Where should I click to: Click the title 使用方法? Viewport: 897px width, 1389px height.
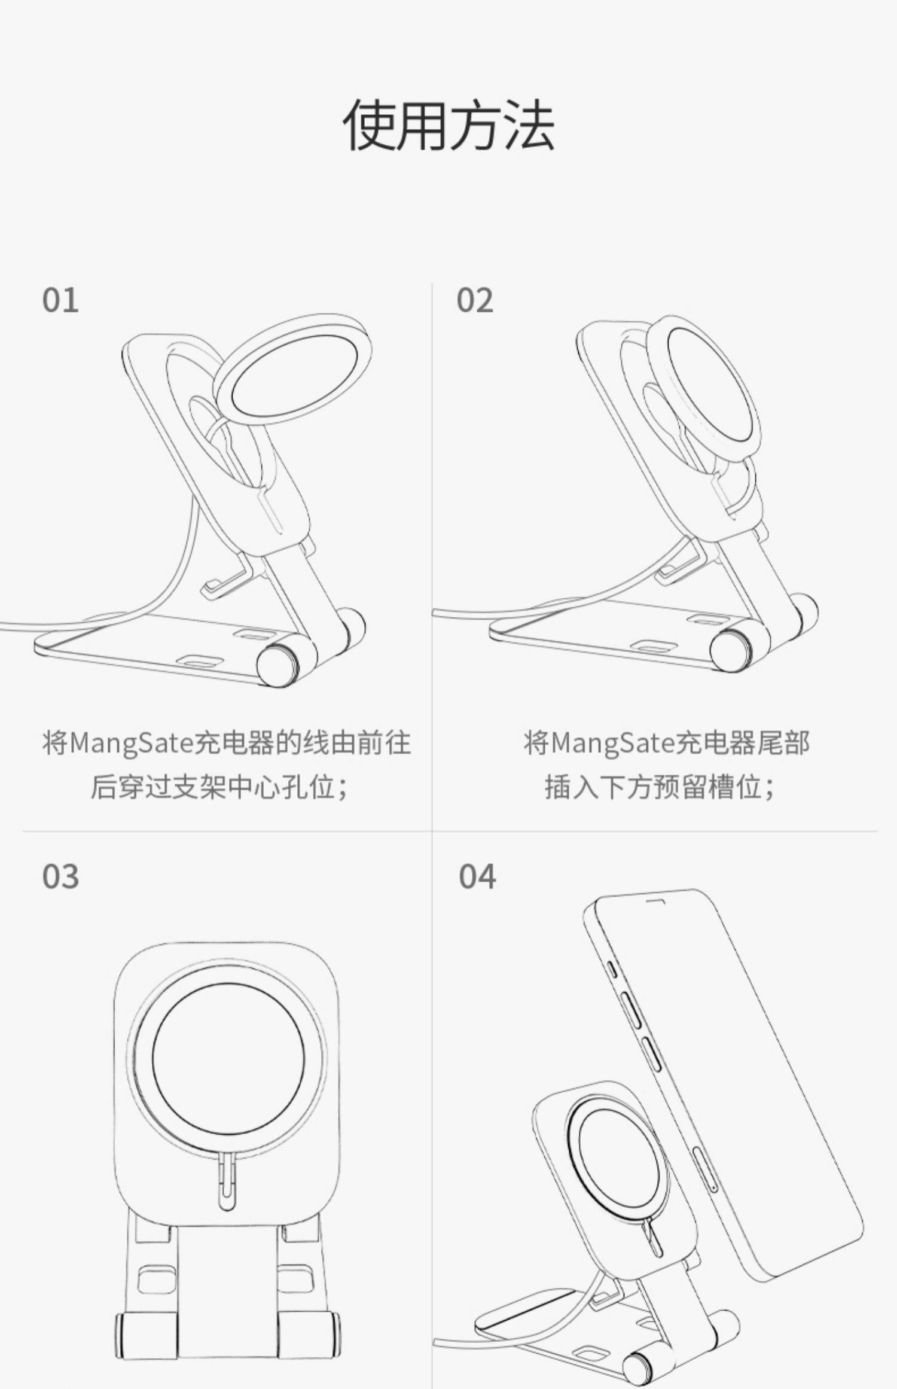448,125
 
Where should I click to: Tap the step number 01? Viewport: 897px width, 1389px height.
60,300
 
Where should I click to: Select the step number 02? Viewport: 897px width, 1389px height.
475,300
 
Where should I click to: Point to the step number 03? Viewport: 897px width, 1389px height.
60,877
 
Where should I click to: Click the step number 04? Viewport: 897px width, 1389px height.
477,877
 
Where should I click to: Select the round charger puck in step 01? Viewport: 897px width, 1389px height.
293,371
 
